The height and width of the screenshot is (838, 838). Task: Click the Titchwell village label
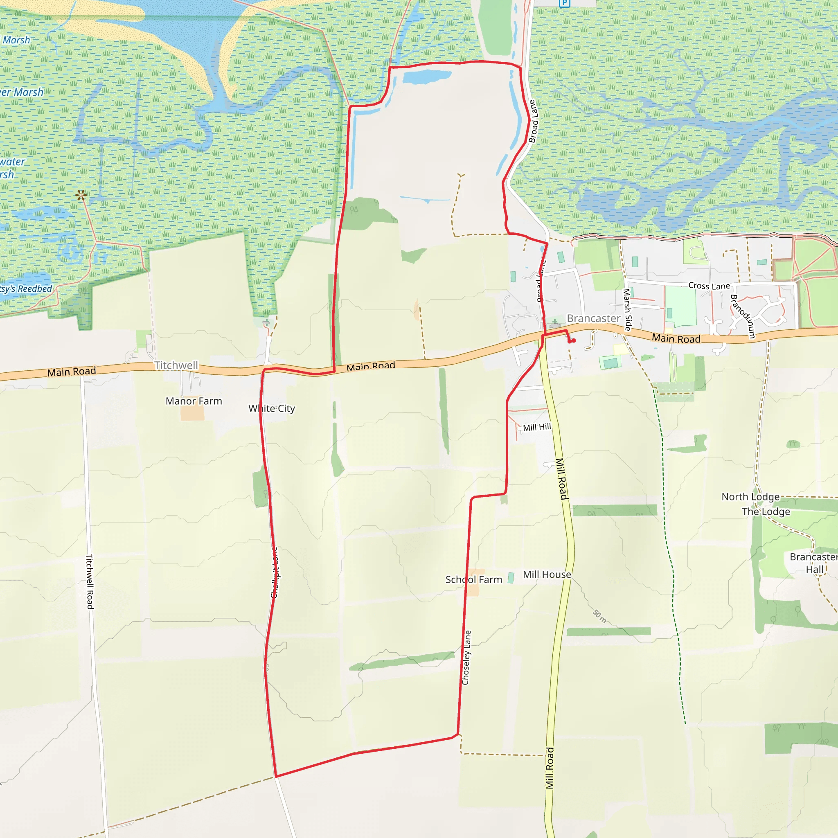(176, 365)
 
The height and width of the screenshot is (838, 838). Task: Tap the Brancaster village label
(593, 318)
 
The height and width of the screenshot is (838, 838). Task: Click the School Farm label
(474, 579)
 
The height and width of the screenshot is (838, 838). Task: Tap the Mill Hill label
(536, 427)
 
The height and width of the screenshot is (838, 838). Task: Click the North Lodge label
(750, 497)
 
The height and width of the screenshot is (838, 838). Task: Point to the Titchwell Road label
(90, 581)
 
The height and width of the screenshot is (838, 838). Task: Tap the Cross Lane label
(709, 286)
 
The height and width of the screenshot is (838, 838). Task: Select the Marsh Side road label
(627, 310)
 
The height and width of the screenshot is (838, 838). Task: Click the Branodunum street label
(743, 316)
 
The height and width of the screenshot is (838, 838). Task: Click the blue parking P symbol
(564, 3)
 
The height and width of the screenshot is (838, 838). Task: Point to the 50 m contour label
(599, 616)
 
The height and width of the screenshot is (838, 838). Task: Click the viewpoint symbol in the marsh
(81, 195)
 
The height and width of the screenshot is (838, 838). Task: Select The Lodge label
(766, 511)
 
